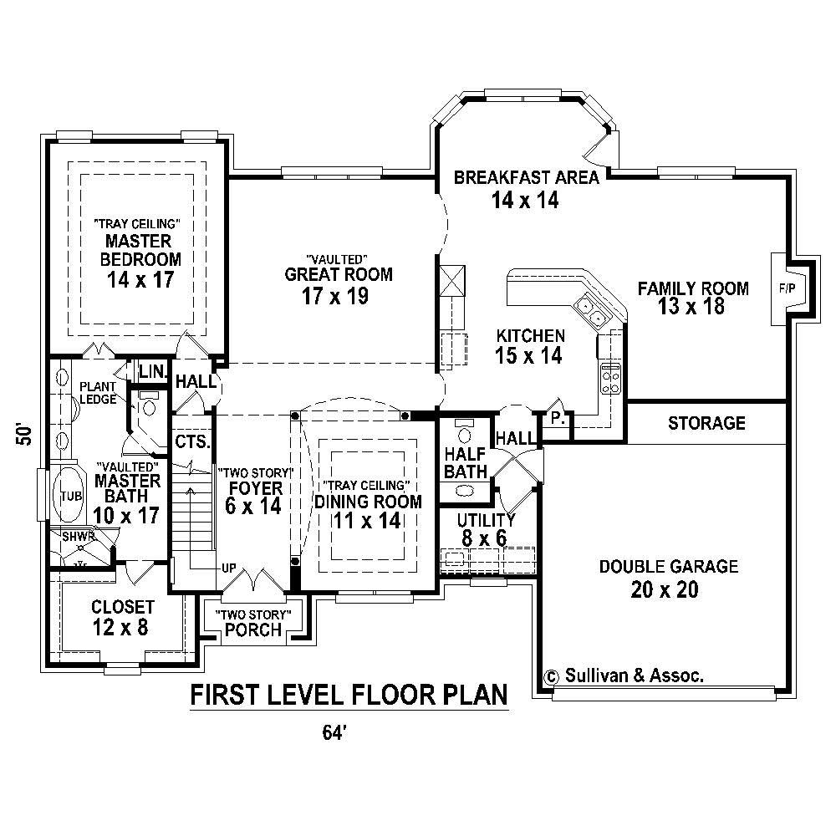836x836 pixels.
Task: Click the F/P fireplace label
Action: click(x=787, y=288)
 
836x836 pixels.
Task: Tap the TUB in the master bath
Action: click(x=69, y=496)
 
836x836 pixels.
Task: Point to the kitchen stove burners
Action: click(x=610, y=379)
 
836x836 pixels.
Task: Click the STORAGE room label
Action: click(x=706, y=423)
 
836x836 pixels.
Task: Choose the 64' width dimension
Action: click(x=334, y=733)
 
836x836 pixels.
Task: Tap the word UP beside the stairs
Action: click(x=228, y=568)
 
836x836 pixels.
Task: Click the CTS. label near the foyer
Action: click(x=190, y=441)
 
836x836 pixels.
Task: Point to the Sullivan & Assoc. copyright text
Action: click(x=624, y=675)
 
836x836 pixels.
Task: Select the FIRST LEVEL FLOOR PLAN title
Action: click(x=349, y=695)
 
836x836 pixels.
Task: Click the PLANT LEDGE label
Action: click(x=98, y=393)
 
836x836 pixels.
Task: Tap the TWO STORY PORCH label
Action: click(x=253, y=623)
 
